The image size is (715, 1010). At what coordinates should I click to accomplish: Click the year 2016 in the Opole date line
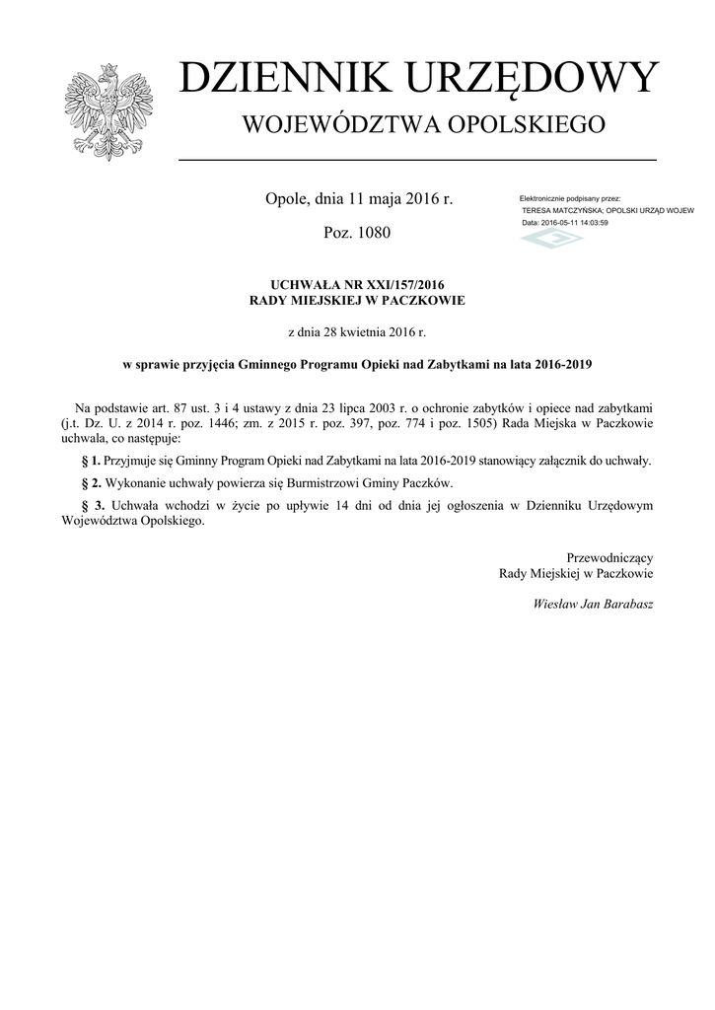418,199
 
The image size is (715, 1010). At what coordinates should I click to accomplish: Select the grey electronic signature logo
551,240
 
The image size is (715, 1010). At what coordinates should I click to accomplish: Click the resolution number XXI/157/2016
391,285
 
